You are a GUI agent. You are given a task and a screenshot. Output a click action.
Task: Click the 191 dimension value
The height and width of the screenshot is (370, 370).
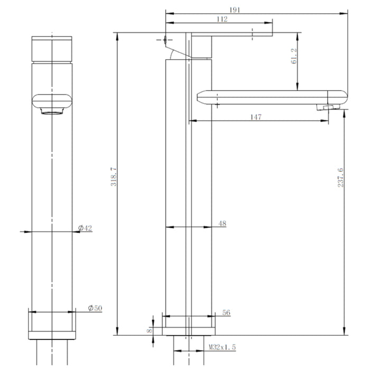click(x=235, y=10)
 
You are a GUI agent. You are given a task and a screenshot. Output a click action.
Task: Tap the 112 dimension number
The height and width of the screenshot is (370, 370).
click(x=222, y=19)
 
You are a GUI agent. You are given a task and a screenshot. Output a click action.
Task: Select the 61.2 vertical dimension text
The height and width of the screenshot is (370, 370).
click(x=294, y=56)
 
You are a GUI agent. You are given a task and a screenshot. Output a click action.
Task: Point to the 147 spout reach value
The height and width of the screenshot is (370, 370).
click(x=256, y=117)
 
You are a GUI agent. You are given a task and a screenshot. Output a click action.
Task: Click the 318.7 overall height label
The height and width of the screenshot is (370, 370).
click(x=114, y=177)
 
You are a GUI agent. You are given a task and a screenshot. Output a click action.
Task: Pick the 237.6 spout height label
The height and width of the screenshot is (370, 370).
click(x=340, y=178)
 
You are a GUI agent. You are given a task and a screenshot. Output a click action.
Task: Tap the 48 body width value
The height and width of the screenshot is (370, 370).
click(x=223, y=223)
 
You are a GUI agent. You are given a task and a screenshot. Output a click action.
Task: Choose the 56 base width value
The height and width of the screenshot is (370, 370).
click(x=226, y=312)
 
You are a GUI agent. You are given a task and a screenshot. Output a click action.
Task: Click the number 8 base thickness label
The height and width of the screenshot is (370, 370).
click(x=150, y=331)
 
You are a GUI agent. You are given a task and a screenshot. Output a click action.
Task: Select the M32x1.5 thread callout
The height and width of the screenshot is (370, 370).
click(x=222, y=347)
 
